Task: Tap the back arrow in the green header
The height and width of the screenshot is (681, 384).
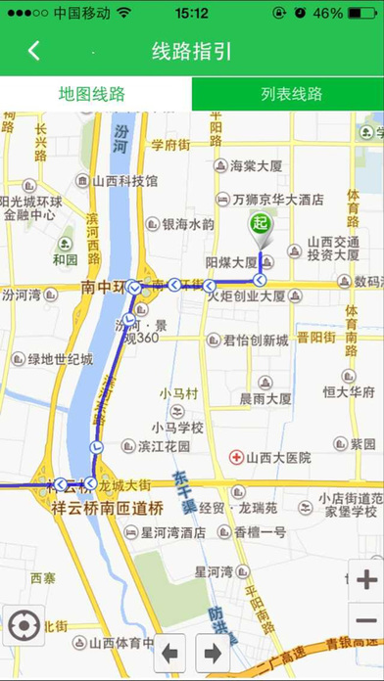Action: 34,51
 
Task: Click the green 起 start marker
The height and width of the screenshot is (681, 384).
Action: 259,223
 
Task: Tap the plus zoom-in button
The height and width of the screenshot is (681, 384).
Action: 365,580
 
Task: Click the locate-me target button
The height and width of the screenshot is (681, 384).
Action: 23,623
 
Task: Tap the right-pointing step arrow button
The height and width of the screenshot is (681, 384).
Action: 211,652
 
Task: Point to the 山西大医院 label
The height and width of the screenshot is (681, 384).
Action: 277,457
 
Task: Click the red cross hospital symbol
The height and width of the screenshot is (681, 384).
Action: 236,457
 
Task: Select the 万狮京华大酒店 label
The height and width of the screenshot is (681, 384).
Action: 277,199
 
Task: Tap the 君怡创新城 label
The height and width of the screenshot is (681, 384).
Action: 256,340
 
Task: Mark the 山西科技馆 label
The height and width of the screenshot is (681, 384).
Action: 125,180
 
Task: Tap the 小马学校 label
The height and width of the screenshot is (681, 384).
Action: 177,427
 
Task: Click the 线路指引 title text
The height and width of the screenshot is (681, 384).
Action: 192,51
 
